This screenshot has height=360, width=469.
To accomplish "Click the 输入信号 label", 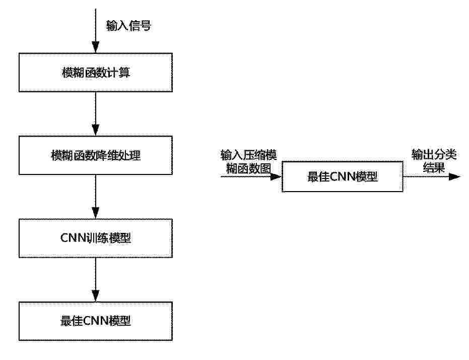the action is point(128,26).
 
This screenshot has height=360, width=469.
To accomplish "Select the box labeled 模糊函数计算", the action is point(96,73).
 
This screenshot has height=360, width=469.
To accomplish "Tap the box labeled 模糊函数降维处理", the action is point(96,155).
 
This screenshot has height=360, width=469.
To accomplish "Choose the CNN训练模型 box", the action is point(96,238).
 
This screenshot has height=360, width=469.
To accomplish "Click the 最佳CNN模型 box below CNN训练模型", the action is point(96,321).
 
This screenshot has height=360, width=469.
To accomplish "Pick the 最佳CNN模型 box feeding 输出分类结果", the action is point(343,176).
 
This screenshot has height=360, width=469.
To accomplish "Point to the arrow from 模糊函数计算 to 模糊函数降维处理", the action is point(95,114).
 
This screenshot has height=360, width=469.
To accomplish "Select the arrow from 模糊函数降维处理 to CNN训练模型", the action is point(95,197).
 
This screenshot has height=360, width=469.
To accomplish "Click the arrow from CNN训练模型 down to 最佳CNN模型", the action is point(95,279).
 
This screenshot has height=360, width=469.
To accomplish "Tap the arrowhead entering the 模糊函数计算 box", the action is point(95,47).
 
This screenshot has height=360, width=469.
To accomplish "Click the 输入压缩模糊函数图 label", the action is point(249,162).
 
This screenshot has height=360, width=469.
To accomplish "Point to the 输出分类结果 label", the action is point(434,161).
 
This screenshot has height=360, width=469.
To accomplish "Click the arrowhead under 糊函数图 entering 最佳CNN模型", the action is point(276,176).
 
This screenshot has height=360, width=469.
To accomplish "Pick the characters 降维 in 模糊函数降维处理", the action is point(107,155).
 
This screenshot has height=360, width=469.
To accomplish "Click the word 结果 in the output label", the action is point(434,167).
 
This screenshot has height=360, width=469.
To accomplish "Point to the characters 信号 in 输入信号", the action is point(140,26).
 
